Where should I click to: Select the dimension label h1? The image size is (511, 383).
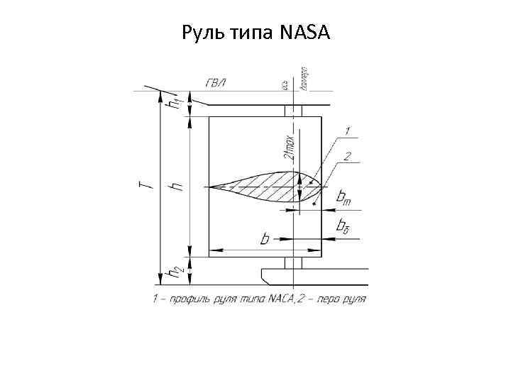173,102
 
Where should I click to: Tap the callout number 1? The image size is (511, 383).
348,131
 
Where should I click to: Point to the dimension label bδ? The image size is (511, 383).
343,227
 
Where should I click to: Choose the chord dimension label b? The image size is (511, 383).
265,240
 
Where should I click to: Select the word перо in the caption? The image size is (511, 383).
325,299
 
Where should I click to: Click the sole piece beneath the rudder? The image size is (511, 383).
312,274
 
